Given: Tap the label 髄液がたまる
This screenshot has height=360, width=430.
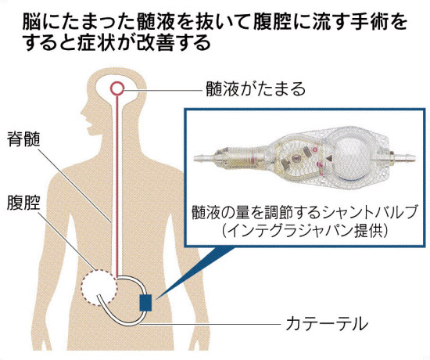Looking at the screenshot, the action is [x=256, y=89].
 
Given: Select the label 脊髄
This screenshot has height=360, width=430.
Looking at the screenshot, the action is [x=23, y=139].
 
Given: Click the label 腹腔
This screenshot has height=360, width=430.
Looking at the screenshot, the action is [x=23, y=203].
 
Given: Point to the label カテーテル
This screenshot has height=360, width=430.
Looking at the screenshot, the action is [x=327, y=324].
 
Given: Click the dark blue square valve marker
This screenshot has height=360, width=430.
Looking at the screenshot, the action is [x=145, y=303].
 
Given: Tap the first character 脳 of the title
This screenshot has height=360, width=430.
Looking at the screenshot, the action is [x=31, y=23].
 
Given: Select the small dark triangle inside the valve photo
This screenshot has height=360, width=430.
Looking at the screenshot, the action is [x=328, y=158].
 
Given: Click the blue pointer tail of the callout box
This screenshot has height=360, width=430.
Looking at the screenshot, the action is [x=192, y=272].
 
